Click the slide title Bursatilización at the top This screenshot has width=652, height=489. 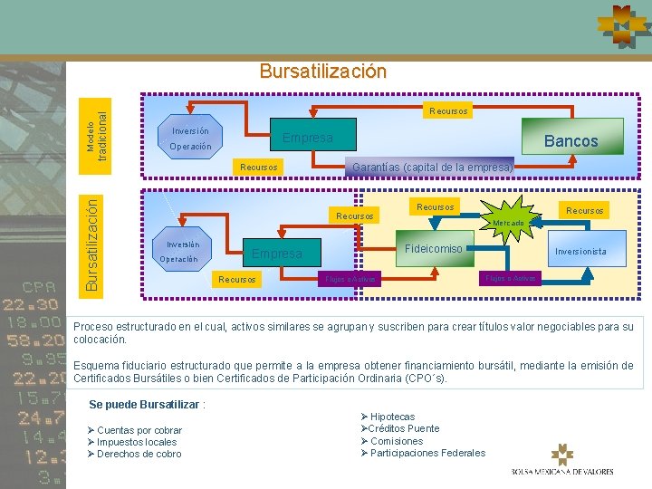(x=322, y=71)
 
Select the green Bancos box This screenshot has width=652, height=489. (x=570, y=140)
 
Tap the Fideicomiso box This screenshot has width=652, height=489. (x=433, y=249)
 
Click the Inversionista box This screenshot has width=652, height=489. (x=580, y=251)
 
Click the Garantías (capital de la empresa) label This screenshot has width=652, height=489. (x=432, y=167)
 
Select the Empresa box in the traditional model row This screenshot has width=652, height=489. (x=308, y=139)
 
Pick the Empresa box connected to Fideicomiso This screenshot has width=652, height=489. (x=277, y=254)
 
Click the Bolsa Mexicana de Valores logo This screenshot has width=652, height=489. (x=562, y=460)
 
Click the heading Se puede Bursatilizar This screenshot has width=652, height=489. (x=148, y=404)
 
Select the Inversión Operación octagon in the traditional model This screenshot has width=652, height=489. (x=189, y=139)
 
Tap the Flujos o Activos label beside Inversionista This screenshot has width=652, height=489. (x=512, y=278)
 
